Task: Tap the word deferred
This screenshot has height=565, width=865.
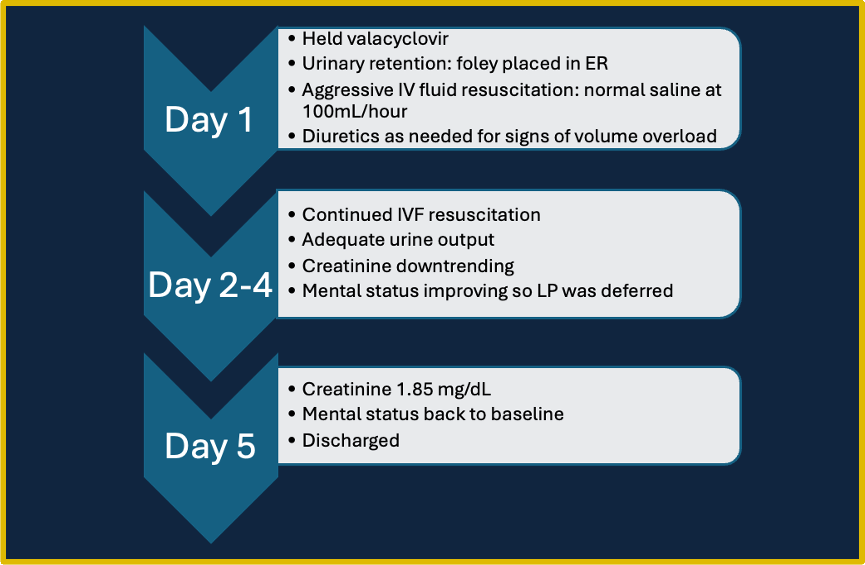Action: (x=637, y=291)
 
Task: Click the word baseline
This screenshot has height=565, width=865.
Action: (x=527, y=414)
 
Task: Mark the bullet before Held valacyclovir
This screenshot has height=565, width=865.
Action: (x=291, y=39)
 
